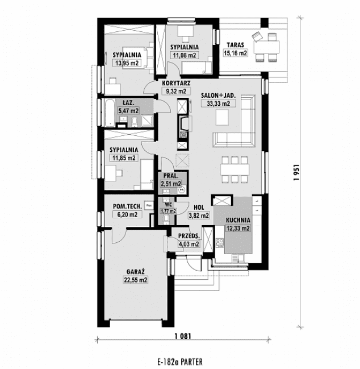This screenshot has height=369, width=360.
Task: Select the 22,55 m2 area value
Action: click(135, 280)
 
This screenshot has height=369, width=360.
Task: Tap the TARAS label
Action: click(235, 45)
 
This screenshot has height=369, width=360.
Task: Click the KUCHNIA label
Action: click(237, 221)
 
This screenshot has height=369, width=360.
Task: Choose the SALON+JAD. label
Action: click(219, 96)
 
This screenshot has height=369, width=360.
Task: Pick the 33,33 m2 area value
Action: click(219, 103)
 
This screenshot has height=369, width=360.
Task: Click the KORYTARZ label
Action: click(175, 83)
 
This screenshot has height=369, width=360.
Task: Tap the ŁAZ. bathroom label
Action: click(128, 103)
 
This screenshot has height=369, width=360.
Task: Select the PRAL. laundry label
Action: click(170, 176)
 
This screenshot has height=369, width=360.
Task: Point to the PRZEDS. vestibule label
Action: click(188, 236)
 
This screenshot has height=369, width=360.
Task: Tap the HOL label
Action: click(199, 208)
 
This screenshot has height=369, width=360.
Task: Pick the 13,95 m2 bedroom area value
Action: click(126, 63)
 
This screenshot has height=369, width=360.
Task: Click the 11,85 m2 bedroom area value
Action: click(124, 158)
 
